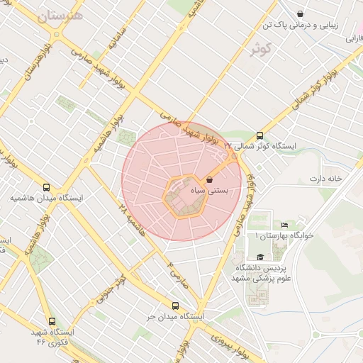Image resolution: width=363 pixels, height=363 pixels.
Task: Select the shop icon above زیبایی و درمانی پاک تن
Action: [x=301, y=13]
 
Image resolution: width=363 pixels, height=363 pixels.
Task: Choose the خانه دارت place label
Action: [x=325, y=178]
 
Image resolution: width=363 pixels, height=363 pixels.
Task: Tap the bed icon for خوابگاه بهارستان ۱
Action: [x=285, y=225]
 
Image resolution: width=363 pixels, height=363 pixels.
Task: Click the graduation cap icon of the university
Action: [x=259, y=258]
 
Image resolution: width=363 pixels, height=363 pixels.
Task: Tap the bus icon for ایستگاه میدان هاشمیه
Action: [x=47, y=187]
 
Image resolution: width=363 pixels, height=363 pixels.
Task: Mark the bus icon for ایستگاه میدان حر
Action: [x=175, y=306]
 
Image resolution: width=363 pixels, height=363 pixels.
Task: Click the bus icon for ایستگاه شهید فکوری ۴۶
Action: [x=51, y=320]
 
